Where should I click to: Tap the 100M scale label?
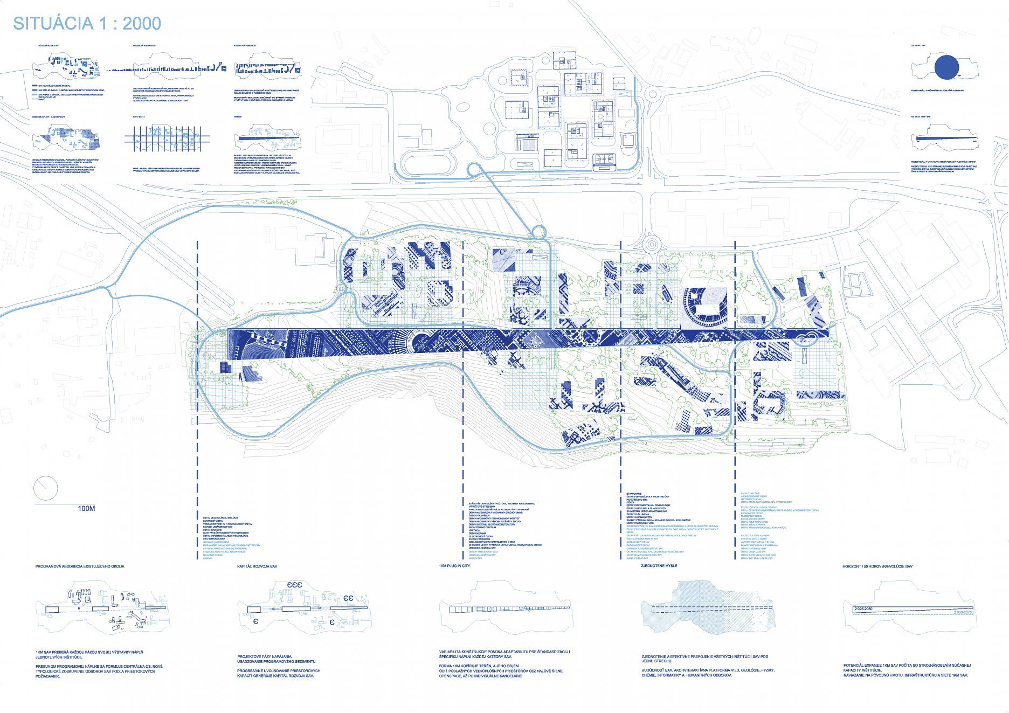point(86,509)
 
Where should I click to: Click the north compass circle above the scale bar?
point(45,488)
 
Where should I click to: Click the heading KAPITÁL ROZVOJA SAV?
point(257,567)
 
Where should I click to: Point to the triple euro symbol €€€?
point(295,585)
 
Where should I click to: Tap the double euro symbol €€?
point(348,598)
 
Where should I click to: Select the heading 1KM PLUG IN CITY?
point(454,566)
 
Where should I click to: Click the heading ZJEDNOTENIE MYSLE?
point(659,566)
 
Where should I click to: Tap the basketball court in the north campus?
point(604,160)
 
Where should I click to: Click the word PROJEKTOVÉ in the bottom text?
point(250,657)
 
